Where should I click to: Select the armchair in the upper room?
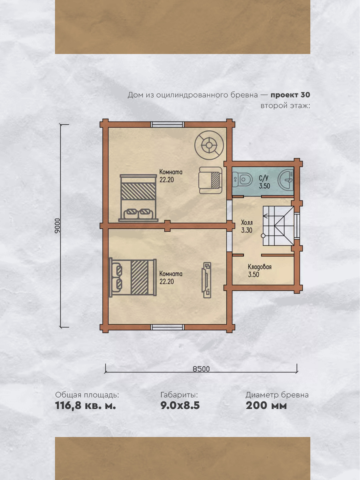pyautogui.click(x=210, y=180)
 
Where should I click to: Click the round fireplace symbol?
pyautogui.click(x=209, y=145)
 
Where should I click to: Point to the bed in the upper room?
pyautogui.click(x=138, y=198)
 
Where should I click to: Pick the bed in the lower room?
pyautogui.click(x=133, y=278)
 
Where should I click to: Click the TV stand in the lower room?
pyautogui.click(x=206, y=280)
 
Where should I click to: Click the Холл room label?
pyautogui.click(x=247, y=226)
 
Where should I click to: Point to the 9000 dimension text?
pyautogui.click(x=57, y=226)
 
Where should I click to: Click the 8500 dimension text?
pyautogui.click(x=201, y=369)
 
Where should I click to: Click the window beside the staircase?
pyautogui.click(x=297, y=226)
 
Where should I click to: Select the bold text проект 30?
pyautogui.click(x=290, y=95)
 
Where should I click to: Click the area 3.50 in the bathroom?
pyautogui.click(x=264, y=186)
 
